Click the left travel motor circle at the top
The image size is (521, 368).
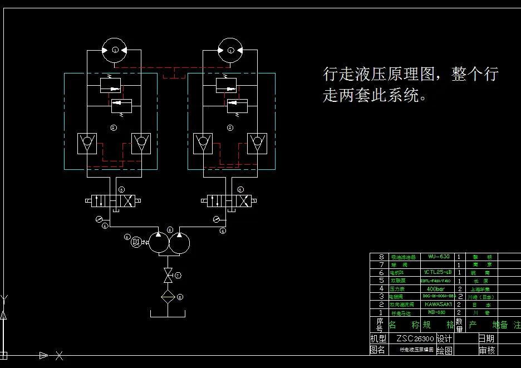(x=115, y=50)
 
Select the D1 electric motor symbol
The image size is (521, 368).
(x=136, y=241)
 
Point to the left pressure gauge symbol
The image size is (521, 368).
(x=99, y=219)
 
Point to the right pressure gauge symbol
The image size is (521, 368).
(x=216, y=219)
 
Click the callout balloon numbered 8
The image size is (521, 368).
(x=180, y=297)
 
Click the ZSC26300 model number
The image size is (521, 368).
(x=415, y=338)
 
